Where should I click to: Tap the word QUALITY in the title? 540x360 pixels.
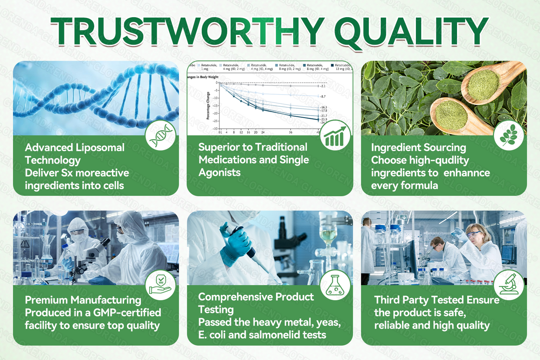(411, 31)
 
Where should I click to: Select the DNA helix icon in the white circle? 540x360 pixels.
(160, 135)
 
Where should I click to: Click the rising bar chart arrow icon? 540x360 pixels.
(335, 135)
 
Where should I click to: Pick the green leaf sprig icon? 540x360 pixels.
(509, 135)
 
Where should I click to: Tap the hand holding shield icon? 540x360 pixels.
(160, 285)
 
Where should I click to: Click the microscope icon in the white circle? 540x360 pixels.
(509, 285)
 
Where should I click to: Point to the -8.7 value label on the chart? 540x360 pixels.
(323, 96)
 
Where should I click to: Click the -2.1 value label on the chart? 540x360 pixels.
(323, 86)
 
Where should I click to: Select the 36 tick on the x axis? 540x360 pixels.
(290, 132)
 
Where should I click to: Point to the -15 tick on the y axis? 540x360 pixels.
(215, 106)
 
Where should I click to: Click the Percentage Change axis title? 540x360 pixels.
(208, 106)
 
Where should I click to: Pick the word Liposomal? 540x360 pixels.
(100, 148)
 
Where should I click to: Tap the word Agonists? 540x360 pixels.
(219, 173)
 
